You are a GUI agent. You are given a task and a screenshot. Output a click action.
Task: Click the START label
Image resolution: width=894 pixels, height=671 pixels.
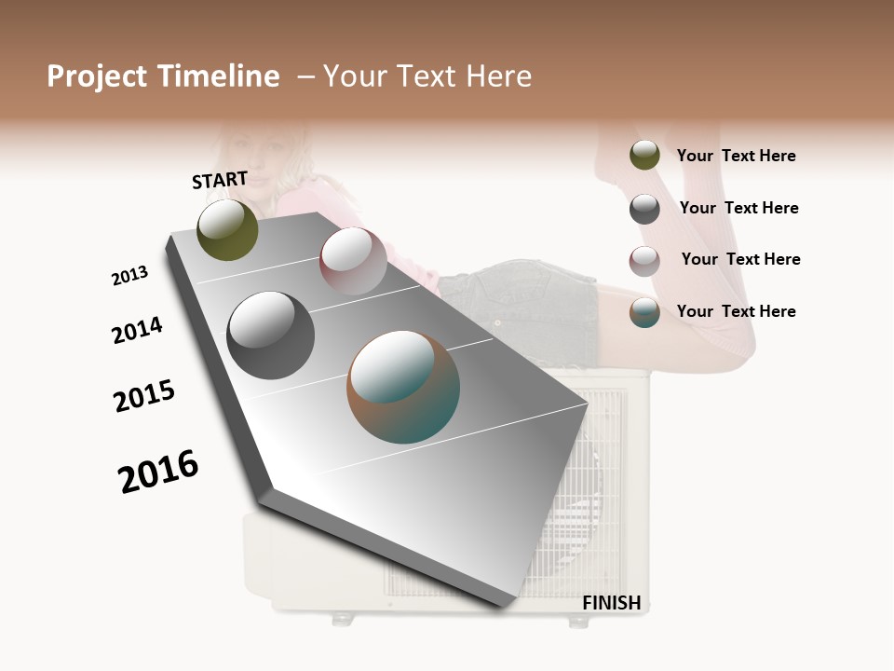pos(220,180)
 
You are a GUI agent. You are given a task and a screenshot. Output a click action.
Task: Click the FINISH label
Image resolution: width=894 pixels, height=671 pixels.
pos(611,603)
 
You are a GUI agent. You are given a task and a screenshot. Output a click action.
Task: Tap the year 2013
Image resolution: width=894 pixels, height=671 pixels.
pos(130,275)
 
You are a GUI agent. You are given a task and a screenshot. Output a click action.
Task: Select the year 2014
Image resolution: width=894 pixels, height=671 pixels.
pos(137,330)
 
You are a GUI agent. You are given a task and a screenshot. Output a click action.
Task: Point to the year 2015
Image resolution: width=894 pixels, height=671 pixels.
pos(144,396)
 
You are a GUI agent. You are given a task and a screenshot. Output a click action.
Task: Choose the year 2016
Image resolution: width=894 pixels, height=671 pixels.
pos(159,472)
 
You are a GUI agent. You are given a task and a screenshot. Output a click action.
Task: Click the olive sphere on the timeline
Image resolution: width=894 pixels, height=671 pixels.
pos(227,230)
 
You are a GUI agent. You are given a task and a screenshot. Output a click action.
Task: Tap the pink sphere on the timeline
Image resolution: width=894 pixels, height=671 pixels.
pos(353,261)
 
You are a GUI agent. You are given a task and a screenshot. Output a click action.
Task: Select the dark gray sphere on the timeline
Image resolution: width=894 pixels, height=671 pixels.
pos(270,335)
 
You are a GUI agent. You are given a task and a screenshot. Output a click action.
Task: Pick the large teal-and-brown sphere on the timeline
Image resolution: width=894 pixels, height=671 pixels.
pos(403,387)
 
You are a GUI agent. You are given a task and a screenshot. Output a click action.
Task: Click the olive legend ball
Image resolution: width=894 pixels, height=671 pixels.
pos(644,155)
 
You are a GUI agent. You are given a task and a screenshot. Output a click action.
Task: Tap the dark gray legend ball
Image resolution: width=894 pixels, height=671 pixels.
pos(644,209)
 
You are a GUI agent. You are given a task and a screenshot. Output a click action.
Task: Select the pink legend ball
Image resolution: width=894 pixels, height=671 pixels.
pos(644,261)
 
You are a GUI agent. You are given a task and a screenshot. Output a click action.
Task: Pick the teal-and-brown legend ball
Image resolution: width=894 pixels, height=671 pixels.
pos(644,312)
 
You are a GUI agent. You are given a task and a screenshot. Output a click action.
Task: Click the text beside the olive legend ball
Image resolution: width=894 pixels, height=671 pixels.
pos(736,156)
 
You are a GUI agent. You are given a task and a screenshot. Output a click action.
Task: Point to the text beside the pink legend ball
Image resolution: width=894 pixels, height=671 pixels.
pos(740,259)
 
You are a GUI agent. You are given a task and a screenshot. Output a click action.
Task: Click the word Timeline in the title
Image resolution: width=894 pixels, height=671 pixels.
pos(219,76)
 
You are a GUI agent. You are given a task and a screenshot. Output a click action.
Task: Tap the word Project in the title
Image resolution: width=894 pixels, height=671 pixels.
pos(97,76)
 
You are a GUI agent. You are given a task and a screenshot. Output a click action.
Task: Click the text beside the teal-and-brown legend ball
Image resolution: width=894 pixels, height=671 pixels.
pos(736,311)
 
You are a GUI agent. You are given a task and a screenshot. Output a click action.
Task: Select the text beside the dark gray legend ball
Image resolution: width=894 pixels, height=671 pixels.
pos(738,208)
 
